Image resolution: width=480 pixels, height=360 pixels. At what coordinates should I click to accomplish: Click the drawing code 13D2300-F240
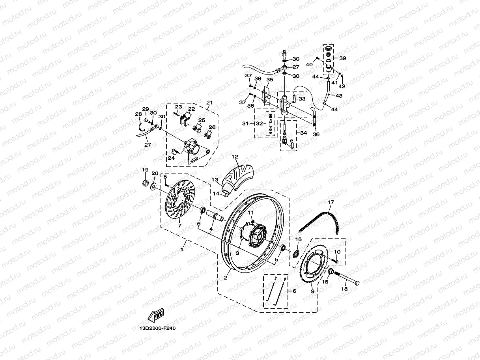tap(157, 328)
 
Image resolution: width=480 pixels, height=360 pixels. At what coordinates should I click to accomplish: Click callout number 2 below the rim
tap(226, 278)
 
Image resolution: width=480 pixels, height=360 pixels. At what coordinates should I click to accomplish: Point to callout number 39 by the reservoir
tap(342, 58)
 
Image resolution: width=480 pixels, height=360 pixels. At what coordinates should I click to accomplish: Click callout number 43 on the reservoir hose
tap(339, 95)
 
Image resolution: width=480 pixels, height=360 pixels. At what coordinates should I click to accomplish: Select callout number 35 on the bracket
tap(270, 80)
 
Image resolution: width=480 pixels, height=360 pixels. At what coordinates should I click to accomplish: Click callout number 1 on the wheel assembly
tap(182, 250)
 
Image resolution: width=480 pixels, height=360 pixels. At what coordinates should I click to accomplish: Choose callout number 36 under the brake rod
tap(316, 134)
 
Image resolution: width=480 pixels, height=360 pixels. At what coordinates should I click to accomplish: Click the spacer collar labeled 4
tap(215, 217)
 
